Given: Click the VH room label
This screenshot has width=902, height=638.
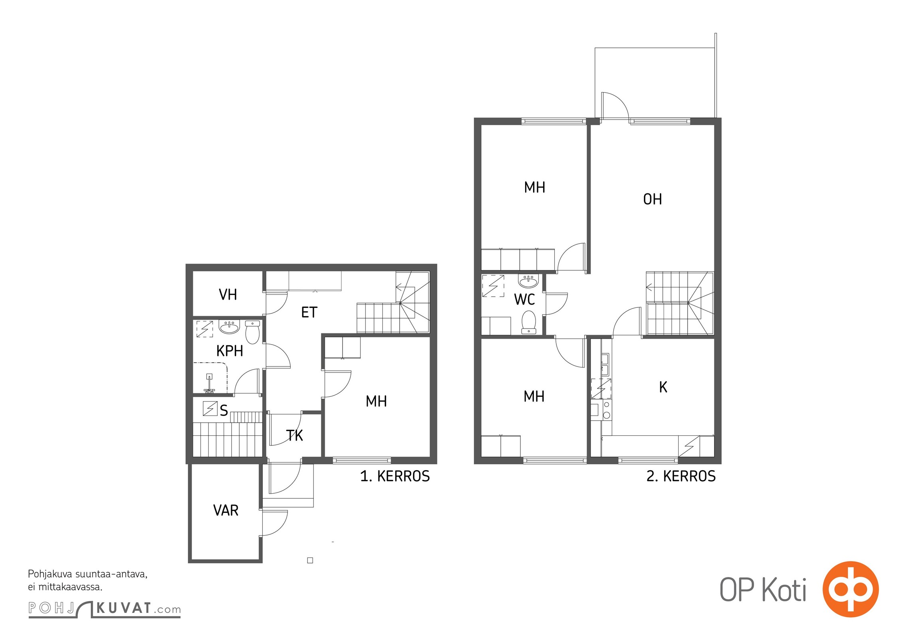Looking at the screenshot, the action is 228,295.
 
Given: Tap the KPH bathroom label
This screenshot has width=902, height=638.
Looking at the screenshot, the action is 230,351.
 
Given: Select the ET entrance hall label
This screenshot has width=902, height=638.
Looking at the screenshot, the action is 309,312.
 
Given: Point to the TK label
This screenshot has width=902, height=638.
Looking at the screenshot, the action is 295,435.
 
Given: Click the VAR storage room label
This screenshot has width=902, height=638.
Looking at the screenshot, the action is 226,510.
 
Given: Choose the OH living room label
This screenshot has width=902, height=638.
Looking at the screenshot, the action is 652,199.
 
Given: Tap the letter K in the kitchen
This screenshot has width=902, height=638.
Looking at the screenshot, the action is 663,387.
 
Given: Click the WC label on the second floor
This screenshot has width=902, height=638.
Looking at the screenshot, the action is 524,299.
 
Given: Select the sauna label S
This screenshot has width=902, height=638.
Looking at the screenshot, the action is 224,410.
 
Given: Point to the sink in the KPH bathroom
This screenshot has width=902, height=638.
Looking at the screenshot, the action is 229,327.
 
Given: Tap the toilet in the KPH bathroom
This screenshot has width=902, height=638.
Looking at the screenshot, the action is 252,332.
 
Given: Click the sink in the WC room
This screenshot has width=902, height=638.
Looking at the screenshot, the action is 528,281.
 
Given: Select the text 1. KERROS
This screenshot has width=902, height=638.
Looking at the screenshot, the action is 395,476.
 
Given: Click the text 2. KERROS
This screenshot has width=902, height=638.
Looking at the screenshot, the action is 681,476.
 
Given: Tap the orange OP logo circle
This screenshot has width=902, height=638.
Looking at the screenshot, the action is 851,589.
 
